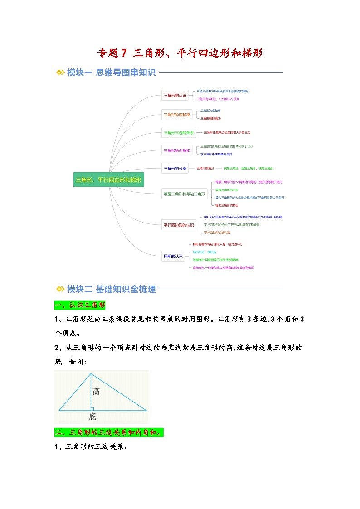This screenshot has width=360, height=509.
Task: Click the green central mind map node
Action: [109, 180]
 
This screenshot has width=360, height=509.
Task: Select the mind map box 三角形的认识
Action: [175, 96]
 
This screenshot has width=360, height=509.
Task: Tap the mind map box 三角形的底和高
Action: [177, 115]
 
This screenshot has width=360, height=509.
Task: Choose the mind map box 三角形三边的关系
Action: [179, 133]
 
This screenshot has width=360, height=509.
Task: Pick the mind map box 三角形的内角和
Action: [177, 150]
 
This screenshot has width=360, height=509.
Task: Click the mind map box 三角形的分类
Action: [175, 169]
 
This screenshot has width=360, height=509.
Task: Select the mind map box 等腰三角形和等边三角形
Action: [185, 194]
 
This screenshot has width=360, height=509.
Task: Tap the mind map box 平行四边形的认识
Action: [179, 225]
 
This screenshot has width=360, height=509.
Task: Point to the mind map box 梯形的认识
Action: [173, 257]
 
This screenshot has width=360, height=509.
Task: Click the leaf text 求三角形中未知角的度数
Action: [219, 154]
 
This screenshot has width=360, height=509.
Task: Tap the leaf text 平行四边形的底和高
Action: [217, 233]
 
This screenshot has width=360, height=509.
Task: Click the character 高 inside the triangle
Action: [96, 392]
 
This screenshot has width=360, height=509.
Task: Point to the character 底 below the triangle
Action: [92, 417]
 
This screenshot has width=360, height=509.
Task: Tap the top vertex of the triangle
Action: [91, 374]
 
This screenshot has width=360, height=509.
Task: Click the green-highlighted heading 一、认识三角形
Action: [80, 305]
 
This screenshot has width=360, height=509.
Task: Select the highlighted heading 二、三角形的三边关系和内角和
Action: [109, 432]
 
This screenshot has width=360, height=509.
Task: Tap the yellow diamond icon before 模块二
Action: [60, 289]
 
